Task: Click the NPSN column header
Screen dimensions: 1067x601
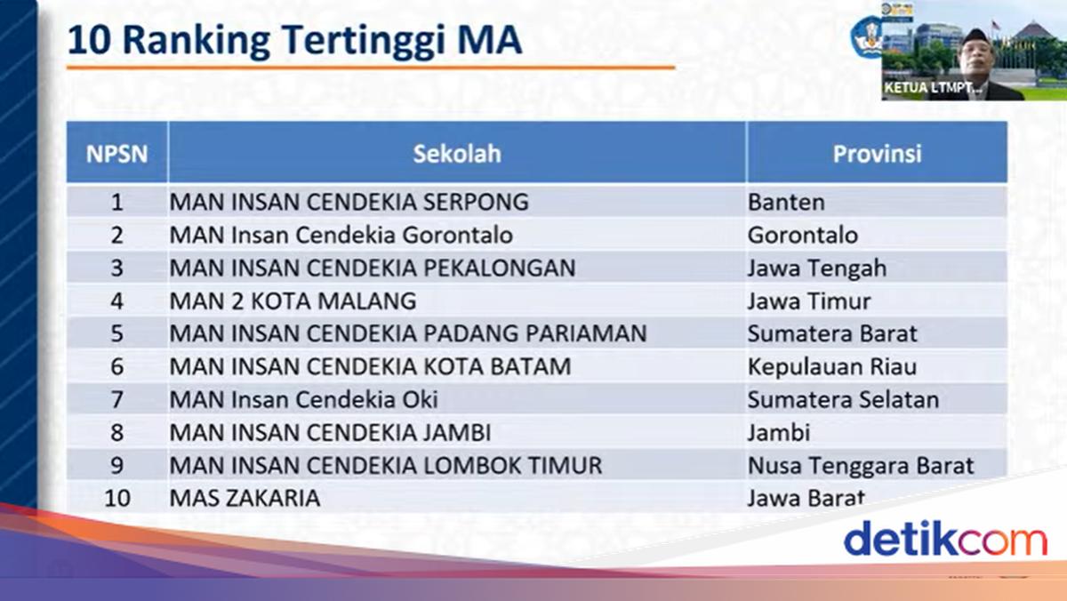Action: [x=116, y=153]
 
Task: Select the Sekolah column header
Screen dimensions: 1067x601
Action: [x=457, y=153]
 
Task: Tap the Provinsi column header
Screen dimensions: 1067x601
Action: [x=877, y=153]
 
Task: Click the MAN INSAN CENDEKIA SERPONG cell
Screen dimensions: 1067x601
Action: [x=349, y=202]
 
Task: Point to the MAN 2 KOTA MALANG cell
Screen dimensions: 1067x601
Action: [x=293, y=301]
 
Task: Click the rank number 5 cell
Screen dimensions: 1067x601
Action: [x=116, y=333]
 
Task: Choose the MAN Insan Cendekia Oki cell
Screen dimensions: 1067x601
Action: [x=303, y=399]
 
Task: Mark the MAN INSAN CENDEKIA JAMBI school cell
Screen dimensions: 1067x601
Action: [x=330, y=432]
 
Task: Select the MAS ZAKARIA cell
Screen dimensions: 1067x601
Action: [x=245, y=498]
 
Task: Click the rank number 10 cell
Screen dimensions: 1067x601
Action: [x=117, y=498]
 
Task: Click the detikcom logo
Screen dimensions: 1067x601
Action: [x=945, y=538]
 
